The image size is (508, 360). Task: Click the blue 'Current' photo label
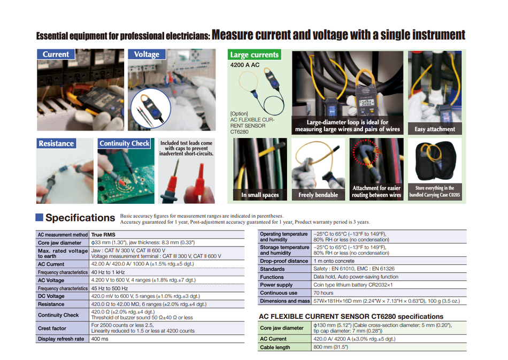pyautogui.click(x=56, y=55)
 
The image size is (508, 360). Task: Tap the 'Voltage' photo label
pyautogui.click(x=147, y=55)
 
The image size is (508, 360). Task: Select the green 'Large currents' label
pyautogui.click(x=255, y=55)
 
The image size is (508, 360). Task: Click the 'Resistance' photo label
pyautogui.click(x=56, y=143)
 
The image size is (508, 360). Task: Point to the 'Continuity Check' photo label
pyautogui.click(x=125, y=143)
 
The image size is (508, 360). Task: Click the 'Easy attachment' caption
pyautogui.click(x=435, y=129)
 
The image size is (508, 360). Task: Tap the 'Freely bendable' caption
pyautogui.click(x=318, y=195)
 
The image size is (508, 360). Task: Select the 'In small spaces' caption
pyautogui.click(x=260, y=195)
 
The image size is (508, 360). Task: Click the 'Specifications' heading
pyautogui.click(x=80, y=218)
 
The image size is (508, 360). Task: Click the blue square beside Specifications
pyautogui.click(x=39, y=217)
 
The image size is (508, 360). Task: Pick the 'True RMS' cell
pyautogui.click(x=103, y=234)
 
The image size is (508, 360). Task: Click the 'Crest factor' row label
pyautogui.click(x=52, y=328)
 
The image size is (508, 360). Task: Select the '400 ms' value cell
pyautogui.click(x=100, y=339)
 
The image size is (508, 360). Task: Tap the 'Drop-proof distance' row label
pyautogui.click(x=284, y=261)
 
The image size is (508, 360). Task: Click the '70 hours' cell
pyautogui.click(x=324, y=293)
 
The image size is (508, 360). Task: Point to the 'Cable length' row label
pyautogui.click(x=275, y=347)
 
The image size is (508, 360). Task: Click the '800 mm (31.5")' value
pyautogui.click(x=330, y=347)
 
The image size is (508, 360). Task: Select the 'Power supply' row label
pyautogui.click(x=276, y=285)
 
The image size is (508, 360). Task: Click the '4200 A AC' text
pyautogui.click(x=244, y=65)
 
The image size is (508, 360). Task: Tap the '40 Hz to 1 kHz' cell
pyautogui.click(x=109, y=272)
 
